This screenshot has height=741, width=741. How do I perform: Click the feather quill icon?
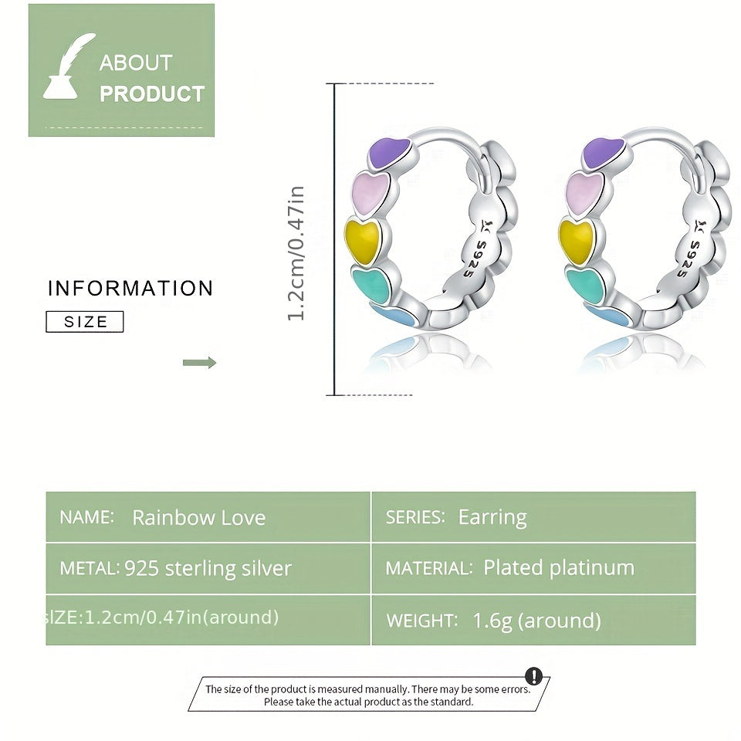point(69,67)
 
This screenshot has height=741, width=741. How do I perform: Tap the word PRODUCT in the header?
point(152,94)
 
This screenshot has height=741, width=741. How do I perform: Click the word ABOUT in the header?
point(136,63)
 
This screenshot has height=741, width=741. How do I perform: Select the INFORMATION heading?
point(130,289)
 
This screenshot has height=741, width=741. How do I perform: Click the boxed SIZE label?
point(85,322)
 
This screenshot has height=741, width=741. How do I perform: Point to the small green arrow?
point(199,363)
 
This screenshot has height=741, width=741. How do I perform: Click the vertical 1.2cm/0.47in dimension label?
point(296,253)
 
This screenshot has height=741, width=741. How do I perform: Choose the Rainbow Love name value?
point(198,517)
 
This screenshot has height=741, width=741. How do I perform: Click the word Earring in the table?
point(492,517)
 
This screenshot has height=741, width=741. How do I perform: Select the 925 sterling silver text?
point(208,569)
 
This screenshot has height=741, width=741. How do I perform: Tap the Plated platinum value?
point(559,568)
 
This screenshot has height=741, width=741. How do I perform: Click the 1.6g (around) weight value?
point(537,621)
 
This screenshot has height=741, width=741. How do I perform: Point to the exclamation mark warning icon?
point(533,677)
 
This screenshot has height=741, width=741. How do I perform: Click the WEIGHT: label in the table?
point(421,621)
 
